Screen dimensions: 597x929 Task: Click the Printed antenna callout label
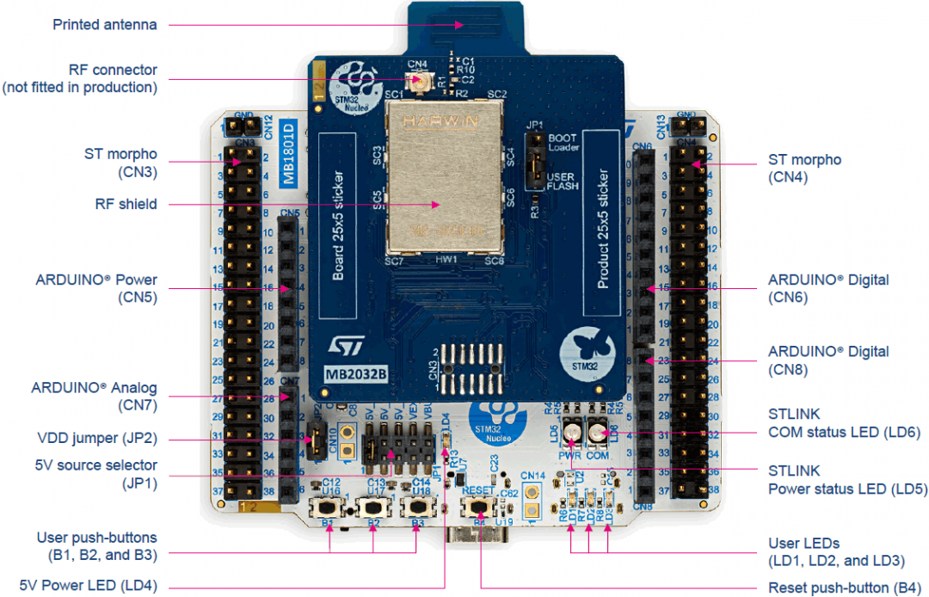[x=105, y=24]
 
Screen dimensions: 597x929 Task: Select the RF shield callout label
[x=126, y=204]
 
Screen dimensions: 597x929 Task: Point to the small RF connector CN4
[x=421, y=80]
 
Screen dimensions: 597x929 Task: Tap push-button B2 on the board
[x=374, y=508]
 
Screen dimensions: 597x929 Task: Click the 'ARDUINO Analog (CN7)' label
[x=95, y=397]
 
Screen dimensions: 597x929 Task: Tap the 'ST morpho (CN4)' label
[x=803, y=169]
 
